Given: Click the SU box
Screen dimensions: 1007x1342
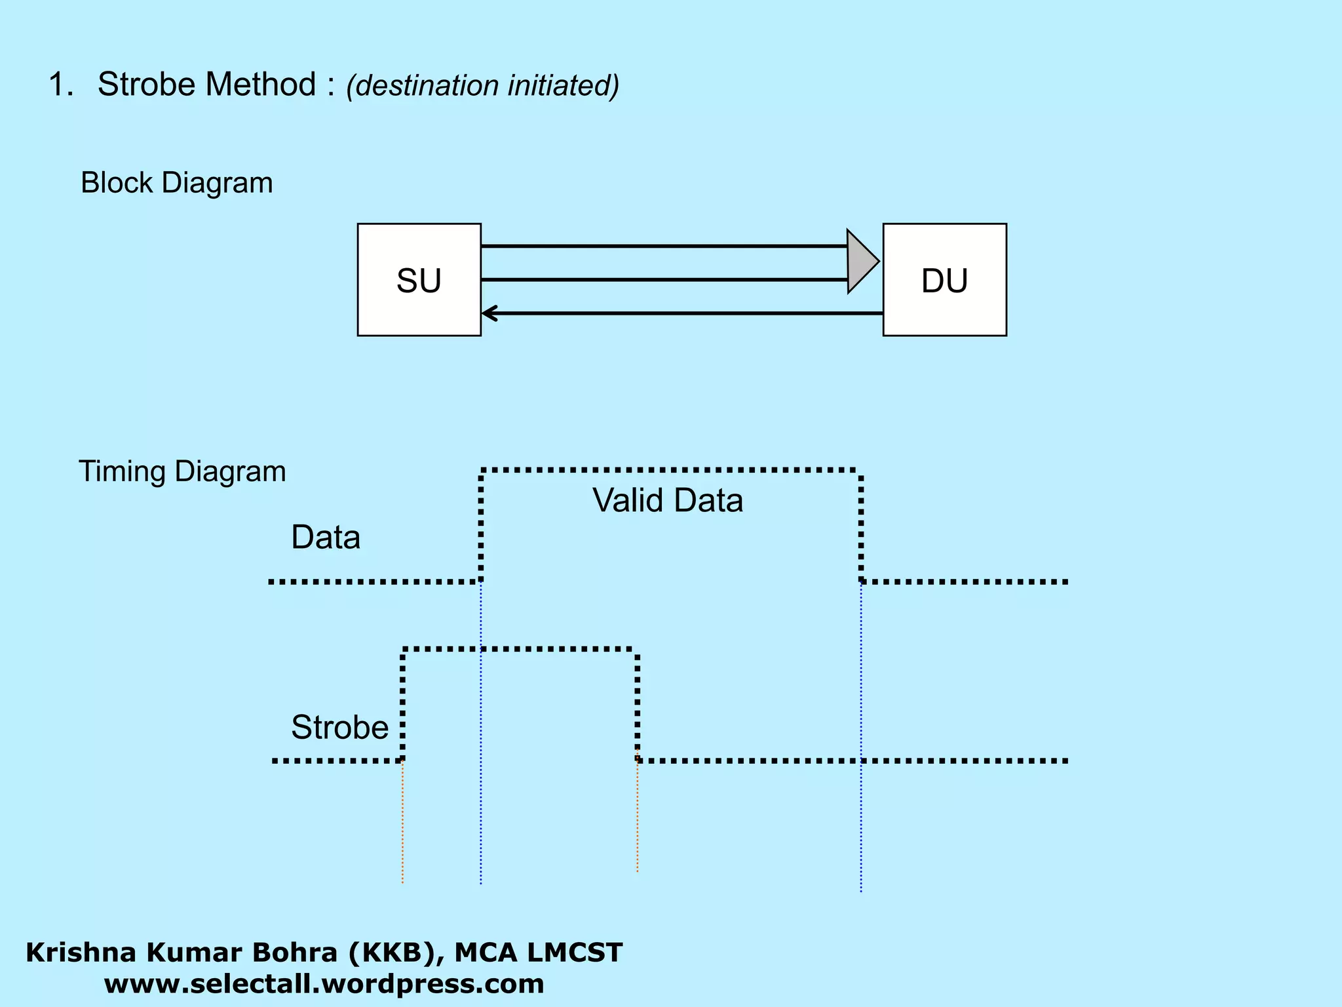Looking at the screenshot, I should (x=419, y=280).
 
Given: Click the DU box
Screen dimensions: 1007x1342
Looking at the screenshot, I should (x=944, y=280).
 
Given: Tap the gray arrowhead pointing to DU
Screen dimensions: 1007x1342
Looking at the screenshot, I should (x=861, y=262).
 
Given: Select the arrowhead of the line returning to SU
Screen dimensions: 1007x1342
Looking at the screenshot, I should (x=489, y=313).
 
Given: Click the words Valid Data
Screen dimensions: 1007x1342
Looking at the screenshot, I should (x=668, y=500).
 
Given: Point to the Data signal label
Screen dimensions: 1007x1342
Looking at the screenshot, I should (x=326, y=538).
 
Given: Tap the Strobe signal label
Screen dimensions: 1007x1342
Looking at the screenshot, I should (x=339, y=727).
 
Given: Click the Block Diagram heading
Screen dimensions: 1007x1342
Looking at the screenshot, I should (x=176, y=183).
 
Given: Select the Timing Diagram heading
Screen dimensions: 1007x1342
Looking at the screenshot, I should (x=182, y=471).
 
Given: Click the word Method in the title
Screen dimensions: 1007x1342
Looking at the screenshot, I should (x=261, y=85).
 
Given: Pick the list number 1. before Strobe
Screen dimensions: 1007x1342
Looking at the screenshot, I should (x=61, y=85).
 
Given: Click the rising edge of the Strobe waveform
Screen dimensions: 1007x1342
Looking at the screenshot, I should (x=402, y=705).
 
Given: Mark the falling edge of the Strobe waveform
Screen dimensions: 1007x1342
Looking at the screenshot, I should (x=637, y=705).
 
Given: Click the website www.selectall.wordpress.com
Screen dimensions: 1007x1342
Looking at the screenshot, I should (x=324, y=984).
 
